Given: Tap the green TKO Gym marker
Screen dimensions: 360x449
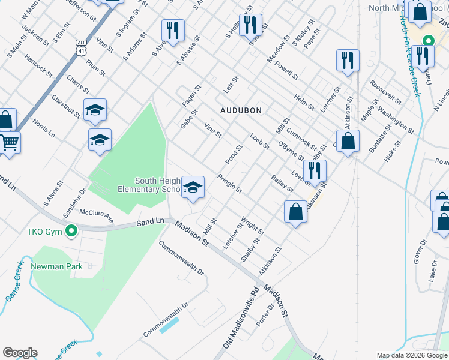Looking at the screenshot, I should point(71,230).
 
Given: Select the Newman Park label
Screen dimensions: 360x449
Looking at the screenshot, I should point(56,265).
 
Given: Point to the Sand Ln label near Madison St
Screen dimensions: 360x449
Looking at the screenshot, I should point(150,221).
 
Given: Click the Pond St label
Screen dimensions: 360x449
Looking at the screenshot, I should point(234,154).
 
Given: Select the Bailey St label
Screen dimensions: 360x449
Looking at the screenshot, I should point(282,184).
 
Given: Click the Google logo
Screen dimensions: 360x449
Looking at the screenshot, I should point(20,353).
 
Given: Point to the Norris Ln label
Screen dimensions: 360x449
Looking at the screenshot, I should point(44,128).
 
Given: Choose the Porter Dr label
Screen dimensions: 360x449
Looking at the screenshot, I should point(265,314).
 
